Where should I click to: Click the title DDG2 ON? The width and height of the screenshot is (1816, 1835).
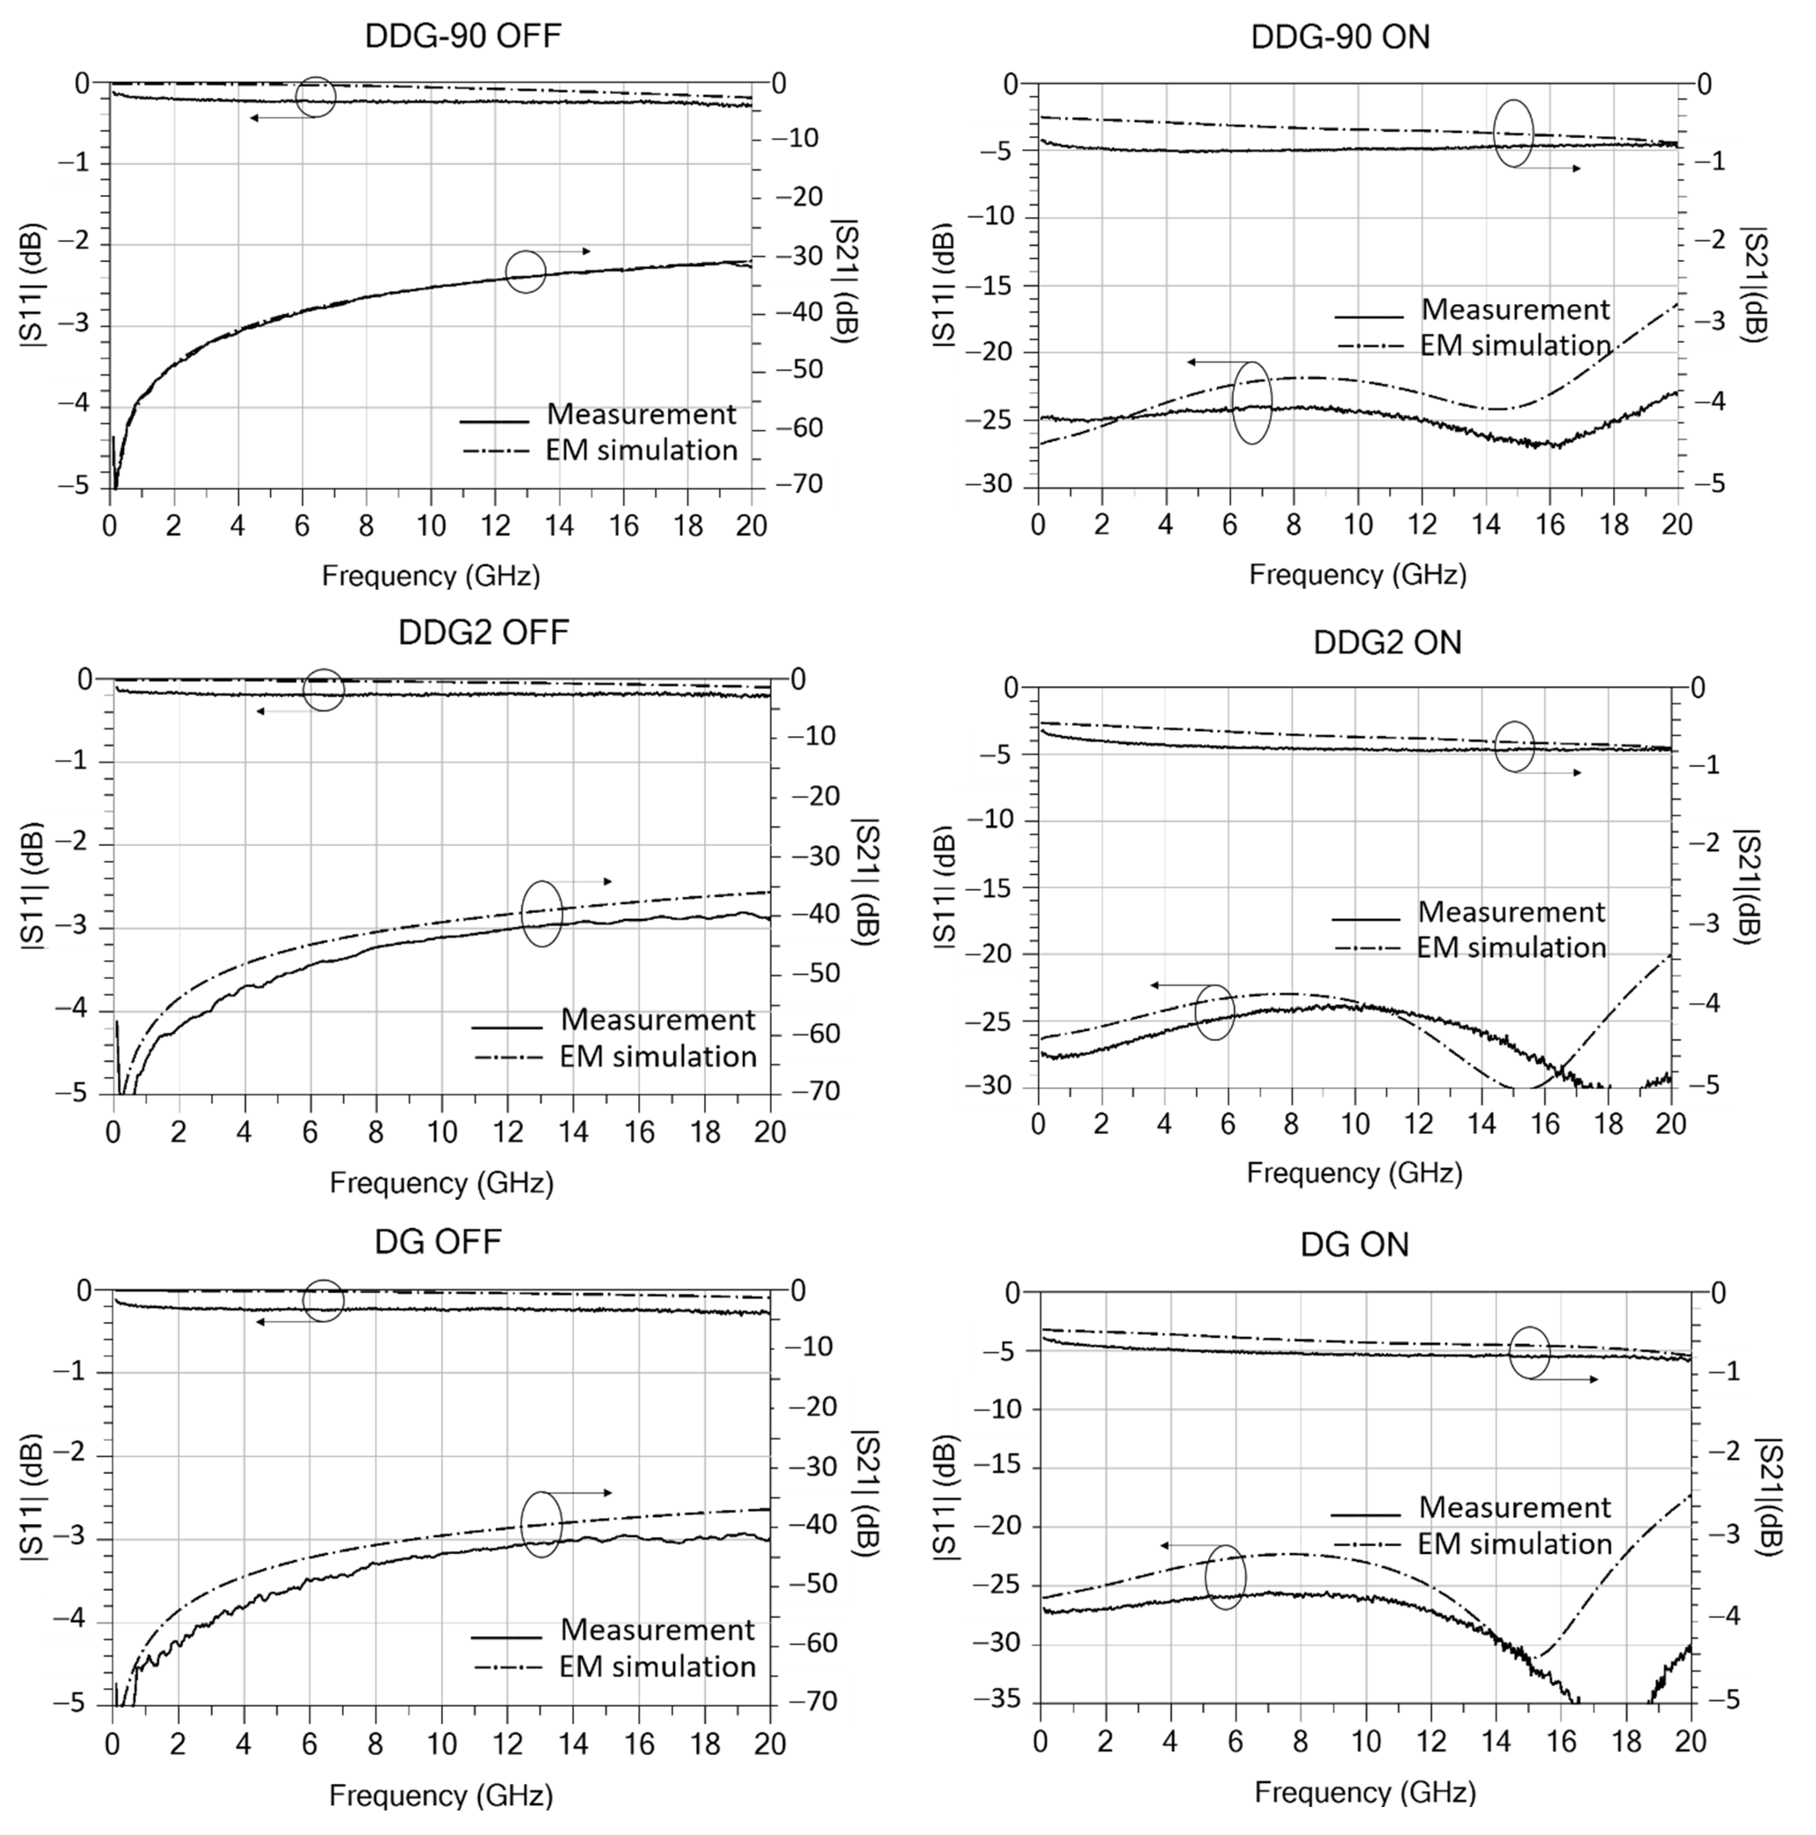tap(1387, 643)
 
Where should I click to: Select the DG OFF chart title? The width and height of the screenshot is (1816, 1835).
tap(438, 1242)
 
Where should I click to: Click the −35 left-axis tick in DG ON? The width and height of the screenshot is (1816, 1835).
tap(995, 1700)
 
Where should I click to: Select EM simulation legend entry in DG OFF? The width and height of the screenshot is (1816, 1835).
tap(657, 1667)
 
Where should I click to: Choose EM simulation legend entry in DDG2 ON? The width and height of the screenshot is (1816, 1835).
tap(1510, 948)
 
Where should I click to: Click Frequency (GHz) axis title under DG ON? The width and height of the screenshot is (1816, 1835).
tap(1365, 1792)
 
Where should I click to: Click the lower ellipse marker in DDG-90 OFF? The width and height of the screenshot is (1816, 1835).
tap(525, 272)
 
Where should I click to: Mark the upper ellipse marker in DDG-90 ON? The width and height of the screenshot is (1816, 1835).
tap(1513, 133)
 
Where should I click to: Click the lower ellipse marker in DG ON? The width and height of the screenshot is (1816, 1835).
tap(1225, 1578)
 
